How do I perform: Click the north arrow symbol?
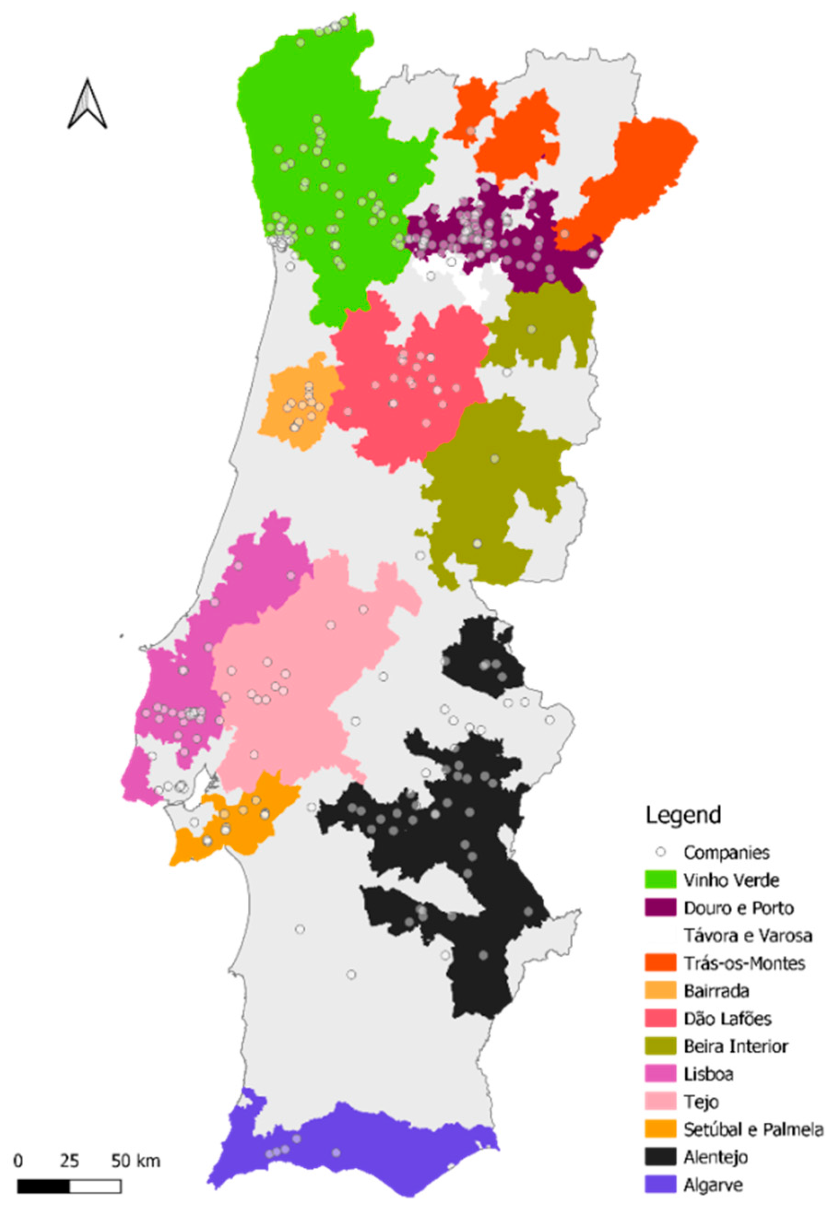coord(87,104)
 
